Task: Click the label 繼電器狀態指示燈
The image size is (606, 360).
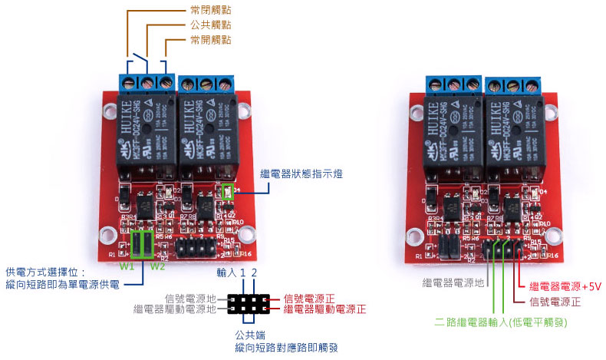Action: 301,174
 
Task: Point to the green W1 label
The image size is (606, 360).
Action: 127,266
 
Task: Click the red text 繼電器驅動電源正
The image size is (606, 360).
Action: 324,309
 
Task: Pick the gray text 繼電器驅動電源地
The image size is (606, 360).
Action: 176,309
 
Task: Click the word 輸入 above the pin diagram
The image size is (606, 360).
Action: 226,273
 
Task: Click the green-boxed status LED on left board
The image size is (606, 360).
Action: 226,192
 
